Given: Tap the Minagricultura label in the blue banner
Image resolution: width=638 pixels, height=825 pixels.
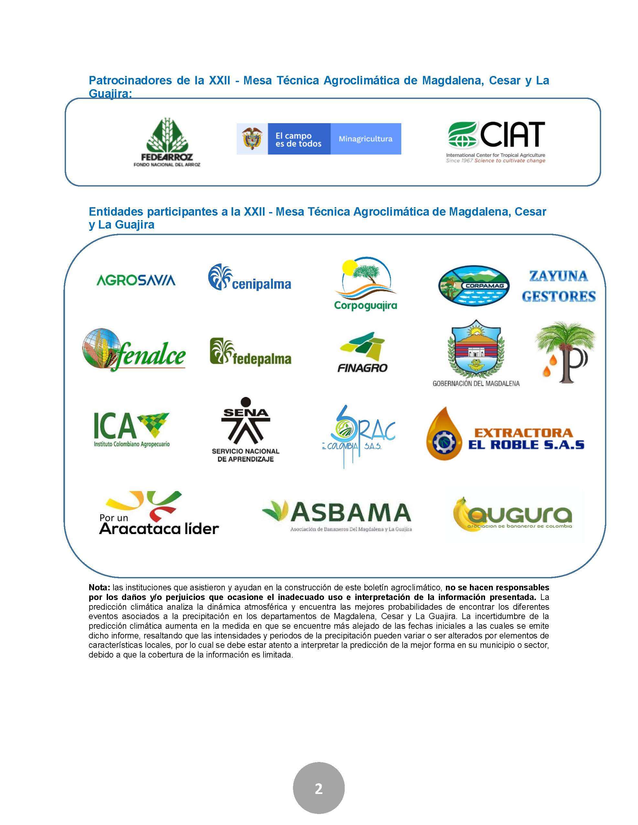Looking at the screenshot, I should click(x=365, y=139).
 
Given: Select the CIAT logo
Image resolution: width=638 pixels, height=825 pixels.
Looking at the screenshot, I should click(x=496, y=142).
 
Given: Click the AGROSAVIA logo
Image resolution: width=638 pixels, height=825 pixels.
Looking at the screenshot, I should click(x=136, y=280).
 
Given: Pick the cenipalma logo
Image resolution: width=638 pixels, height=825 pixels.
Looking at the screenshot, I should click(x=249, y=278).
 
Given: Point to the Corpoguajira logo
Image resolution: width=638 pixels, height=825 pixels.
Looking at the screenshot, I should click(x=365, y=283).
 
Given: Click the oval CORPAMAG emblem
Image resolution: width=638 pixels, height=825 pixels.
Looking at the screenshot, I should click(x=474, y=285).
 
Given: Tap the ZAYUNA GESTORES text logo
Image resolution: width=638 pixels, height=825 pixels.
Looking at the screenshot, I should click(x=559, y=286).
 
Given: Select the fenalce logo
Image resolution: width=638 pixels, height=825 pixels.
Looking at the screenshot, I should click(x=134, y=350).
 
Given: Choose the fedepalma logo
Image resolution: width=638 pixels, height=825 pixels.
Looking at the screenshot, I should click(x=250, y=352).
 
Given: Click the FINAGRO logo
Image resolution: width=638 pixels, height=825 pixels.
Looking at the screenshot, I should click(x=362, y=352).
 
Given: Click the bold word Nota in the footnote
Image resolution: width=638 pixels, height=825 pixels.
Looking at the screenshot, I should click(x=99, y=587).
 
